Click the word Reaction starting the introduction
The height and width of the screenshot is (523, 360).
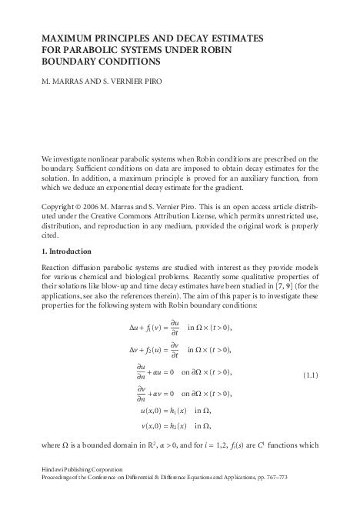point(56,268)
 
